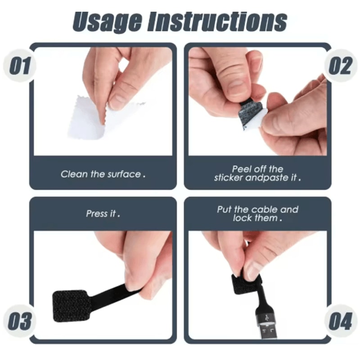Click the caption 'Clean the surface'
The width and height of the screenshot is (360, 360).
pyautogui.click(x=103, y=174)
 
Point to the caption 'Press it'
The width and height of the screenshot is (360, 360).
pyautogui.click(x=103, y=214)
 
